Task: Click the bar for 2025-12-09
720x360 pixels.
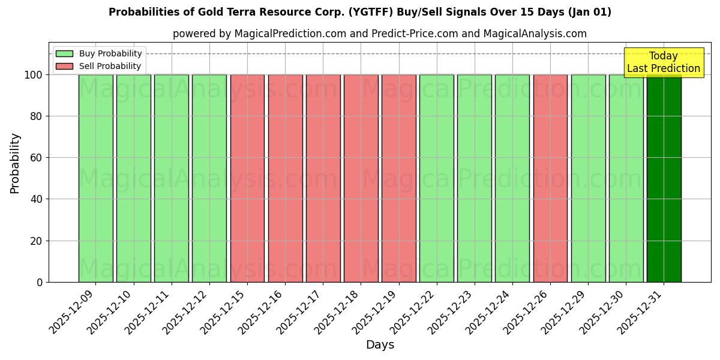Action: pos(95,178)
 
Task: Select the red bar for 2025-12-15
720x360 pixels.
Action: pos(247,178)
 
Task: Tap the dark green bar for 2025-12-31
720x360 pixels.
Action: pos(664,178)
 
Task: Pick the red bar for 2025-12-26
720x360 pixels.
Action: pos(550,178)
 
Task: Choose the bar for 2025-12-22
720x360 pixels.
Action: pos(436,178)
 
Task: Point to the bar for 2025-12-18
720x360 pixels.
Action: pos(361,178)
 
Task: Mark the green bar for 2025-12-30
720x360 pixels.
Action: pos(626,178)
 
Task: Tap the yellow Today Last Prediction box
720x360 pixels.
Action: pos(663,62)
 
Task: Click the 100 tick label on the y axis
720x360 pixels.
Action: pos(33,75)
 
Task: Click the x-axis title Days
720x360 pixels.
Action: pos(380,345)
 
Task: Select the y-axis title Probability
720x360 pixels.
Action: pos(15,163)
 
